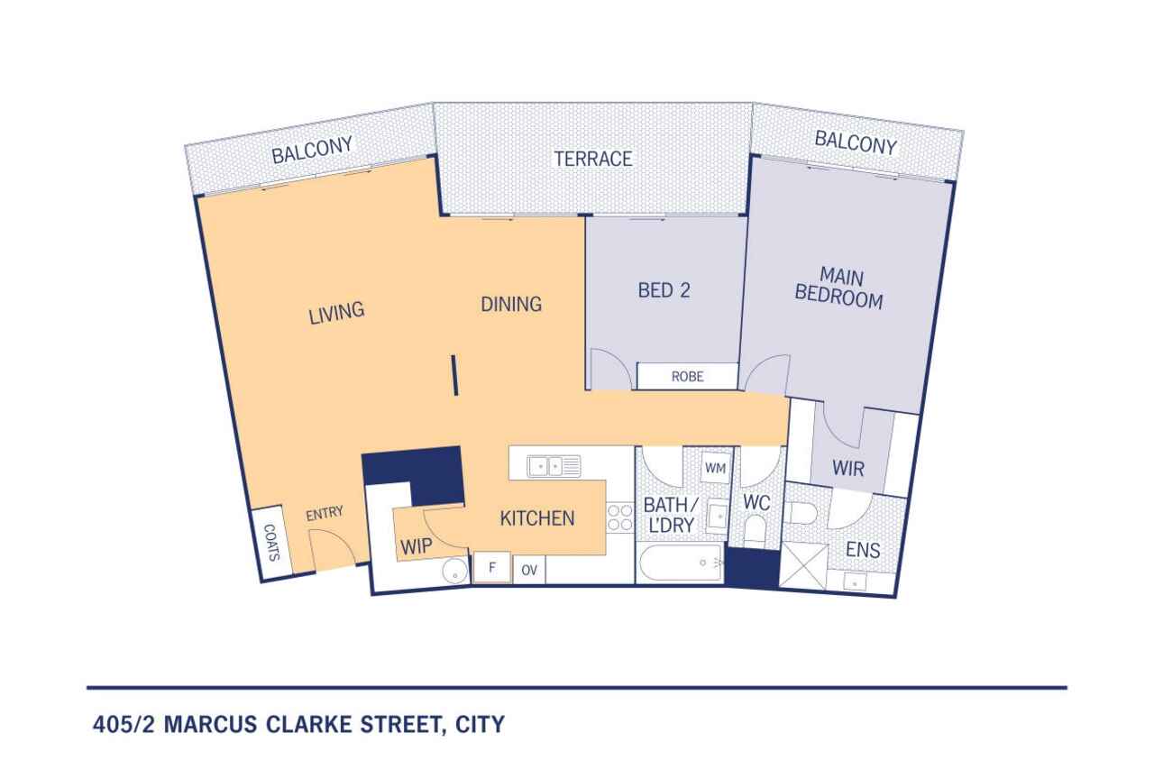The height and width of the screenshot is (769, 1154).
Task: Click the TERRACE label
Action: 593,159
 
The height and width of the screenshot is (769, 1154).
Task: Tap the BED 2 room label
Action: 664,290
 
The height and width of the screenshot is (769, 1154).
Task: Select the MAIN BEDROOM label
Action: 839,288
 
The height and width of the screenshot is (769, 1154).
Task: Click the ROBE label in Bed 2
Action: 687,377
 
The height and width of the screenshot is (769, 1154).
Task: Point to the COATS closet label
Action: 271,543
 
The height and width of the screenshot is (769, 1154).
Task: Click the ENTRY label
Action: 325,513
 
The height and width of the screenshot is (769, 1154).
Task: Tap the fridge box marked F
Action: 492,567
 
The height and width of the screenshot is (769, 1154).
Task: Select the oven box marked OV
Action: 529,570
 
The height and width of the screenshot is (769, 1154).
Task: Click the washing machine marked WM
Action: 716,468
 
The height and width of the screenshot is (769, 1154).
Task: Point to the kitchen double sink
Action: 554,466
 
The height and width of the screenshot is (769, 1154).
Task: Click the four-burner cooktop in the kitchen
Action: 619,517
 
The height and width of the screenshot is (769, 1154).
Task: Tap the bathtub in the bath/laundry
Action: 681,563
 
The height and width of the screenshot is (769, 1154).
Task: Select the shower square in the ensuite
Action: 803,565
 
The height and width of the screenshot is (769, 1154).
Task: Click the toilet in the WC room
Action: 756,529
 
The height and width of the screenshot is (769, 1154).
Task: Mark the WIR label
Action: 848,469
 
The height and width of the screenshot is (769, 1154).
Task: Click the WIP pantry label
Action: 417,546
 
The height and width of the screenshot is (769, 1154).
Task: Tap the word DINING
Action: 511,305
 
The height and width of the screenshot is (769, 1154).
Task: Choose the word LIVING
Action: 336,312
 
